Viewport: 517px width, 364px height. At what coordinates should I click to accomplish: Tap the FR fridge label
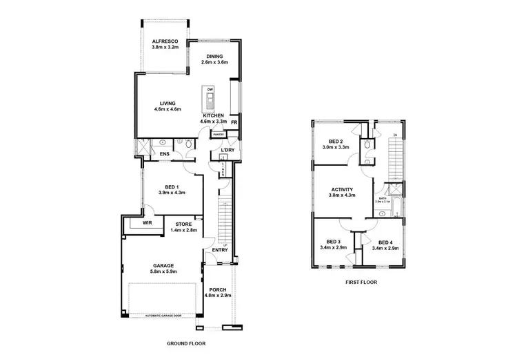point(234,122)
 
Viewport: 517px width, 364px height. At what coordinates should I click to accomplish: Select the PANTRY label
point(219,134)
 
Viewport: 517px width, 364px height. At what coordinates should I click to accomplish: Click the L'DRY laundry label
point(228,151)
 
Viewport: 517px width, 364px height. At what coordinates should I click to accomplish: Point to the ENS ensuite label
point(165,153)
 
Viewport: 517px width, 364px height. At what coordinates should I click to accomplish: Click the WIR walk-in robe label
point(148,224)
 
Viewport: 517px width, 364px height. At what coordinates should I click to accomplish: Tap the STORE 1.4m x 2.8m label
point(183,227)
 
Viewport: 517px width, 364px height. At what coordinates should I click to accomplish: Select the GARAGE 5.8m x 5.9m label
point(163,268)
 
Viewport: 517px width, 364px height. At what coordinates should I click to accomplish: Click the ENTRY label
point(221,250)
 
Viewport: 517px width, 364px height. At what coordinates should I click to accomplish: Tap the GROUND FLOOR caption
point(187,343)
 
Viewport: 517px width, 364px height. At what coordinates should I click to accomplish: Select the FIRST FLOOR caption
point(361,282)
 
